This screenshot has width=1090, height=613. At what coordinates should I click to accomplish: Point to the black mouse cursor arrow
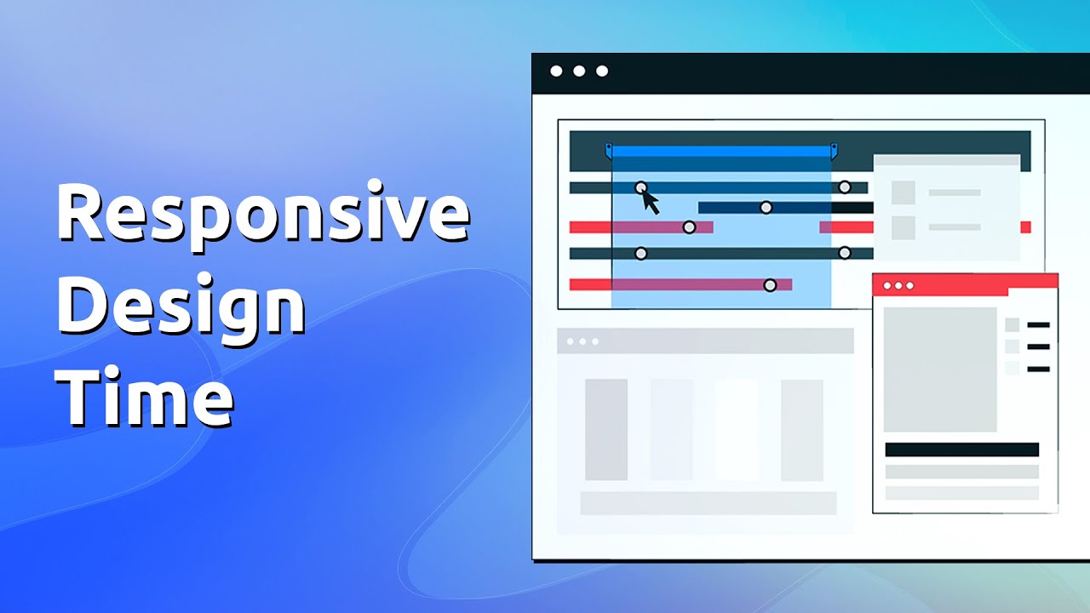click(x=650, y=202)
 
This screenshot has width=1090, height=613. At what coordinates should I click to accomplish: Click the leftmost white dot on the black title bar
click(x=556, y=71)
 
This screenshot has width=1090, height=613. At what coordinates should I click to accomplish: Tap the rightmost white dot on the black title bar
click(x=602, y=71)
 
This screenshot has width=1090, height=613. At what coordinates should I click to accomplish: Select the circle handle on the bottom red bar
click(x=770, y=285)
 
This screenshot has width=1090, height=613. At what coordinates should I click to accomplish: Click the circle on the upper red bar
click(x=689, y=227)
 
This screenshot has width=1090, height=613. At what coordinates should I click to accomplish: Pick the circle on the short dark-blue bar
click(x=766, y=208)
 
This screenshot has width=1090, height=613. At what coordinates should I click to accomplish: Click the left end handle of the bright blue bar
click(x=609, y=151)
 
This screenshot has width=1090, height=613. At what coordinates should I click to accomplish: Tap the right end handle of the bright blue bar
click(x=834, y=151)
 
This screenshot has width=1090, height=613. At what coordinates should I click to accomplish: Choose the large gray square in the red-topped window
click(x=940, y=370)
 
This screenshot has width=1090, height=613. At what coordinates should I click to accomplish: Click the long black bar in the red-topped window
click(x=961, y=450)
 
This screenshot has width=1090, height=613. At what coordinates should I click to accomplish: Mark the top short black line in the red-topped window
click(x=1038, y=325)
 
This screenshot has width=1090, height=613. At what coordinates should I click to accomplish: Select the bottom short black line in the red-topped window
click(x=1038, y=369)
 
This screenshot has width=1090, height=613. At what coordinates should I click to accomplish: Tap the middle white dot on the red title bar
click(x=898, y=286)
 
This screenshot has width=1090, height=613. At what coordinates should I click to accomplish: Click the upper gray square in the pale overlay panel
click(x=904, y=192)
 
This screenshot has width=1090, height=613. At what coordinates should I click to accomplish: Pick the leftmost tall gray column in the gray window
click(x=606, y=429)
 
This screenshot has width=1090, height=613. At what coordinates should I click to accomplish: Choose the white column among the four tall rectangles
click(x=737, y=429)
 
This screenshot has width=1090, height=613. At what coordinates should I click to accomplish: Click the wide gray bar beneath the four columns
click(x=708, y=503)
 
